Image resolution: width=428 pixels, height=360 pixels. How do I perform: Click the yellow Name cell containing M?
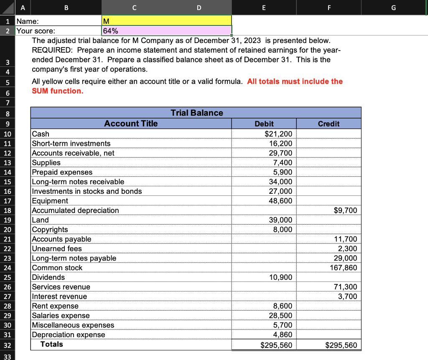tap(166, 20)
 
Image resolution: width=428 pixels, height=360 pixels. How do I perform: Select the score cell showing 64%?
tap(166, 30)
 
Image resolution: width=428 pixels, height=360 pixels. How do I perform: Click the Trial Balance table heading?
tap(196, 113)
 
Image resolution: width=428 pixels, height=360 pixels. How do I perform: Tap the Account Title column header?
tap(131, 123)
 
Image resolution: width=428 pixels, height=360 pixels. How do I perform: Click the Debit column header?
tap(264, 124)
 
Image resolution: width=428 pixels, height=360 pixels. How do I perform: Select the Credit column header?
tap(329, 124)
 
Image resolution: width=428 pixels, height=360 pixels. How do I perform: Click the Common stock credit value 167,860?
tap(344, 268)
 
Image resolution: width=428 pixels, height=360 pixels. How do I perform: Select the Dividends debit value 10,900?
tap(280, 277)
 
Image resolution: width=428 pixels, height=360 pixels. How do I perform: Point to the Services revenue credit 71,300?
tap(345, 287)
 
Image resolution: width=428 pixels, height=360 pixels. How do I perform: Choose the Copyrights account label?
tap(50, 229)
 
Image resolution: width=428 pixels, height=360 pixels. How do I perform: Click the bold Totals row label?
tap(51, 344)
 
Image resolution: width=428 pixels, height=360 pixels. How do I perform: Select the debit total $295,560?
tap(276, 345)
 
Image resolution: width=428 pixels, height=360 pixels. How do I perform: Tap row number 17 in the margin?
tap(8, 201)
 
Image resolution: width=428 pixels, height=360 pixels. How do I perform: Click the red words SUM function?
tap(58, 91)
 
